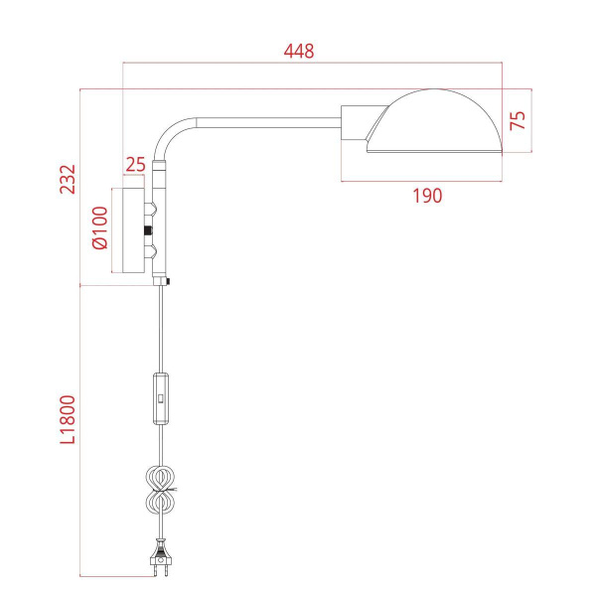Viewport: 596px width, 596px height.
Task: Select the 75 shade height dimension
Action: (x=517, y=120)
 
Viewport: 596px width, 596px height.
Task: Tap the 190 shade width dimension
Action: (x=426, y=196)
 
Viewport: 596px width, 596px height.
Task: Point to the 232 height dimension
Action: (x=67, y=179)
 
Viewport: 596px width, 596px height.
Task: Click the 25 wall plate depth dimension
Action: (x=135, y=163)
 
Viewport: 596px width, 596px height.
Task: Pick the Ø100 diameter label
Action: (x=98, y=229)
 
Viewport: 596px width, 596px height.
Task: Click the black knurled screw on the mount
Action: (x=150, y=230)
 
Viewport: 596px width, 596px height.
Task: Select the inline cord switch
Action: (x=161, y=397)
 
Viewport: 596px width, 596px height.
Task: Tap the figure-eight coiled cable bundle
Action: (x=161, y=490)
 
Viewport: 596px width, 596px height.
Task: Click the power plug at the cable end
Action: (x=160, y=562)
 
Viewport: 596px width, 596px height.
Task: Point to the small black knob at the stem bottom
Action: (x=170, y=284)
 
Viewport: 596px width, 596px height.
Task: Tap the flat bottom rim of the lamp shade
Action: (x=435, y=151)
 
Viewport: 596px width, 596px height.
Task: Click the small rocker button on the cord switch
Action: (x=161, y=397)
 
